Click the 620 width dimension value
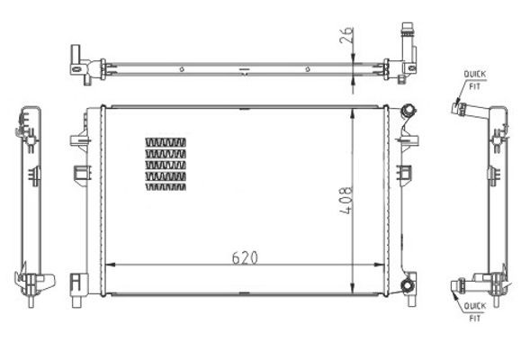tap(245, 256)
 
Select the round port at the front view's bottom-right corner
tap(408, 286)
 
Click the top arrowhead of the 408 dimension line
tap(352, 111)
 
